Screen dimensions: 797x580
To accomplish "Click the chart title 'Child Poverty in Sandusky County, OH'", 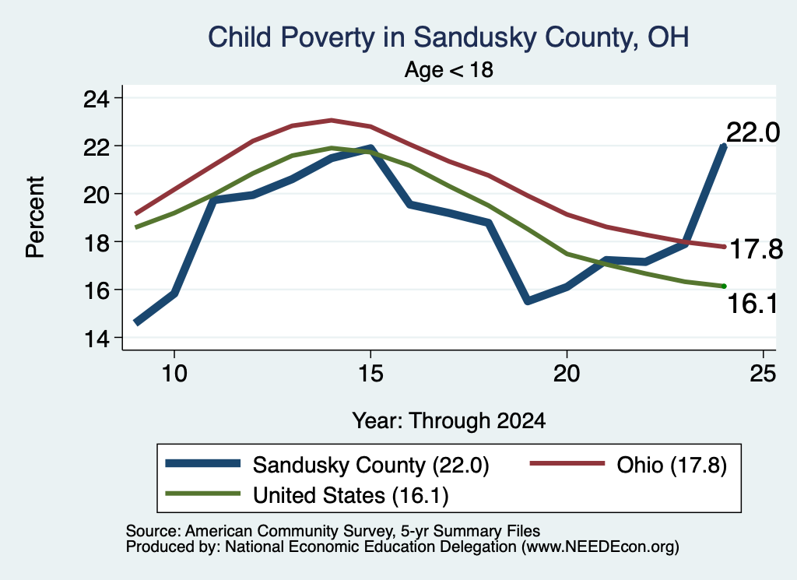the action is coord(448,37).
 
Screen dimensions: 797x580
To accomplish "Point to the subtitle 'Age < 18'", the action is coord(449,69).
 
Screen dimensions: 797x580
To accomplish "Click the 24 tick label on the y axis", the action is coord(96,98).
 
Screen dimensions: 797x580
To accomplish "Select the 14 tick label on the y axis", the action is coord(96,338).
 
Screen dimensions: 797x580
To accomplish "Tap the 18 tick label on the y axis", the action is coord(96,242).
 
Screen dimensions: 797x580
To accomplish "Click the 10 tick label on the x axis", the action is coord(174,374).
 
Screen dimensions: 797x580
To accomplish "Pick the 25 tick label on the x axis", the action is coord(763,374).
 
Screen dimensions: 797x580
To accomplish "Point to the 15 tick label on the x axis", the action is coord(370,374).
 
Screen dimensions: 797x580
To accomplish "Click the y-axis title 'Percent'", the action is coord(35,217).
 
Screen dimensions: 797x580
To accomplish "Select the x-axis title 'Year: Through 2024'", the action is coord(449,421).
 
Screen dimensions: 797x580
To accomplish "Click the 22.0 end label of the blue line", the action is coord(753,133).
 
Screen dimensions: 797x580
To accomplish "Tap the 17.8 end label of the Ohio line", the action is coord(756,250).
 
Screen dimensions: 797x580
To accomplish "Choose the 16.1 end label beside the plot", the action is coord(753,304).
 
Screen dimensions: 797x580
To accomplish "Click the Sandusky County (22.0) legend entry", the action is coord(328,465).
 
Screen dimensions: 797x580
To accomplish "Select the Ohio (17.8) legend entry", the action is coord(628,465).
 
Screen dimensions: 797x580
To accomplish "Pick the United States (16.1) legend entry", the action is coord(307,495).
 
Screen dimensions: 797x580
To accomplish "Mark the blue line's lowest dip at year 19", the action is coord(527,301).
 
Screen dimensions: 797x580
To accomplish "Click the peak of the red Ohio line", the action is coord(331,120).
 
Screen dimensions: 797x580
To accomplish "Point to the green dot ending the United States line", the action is coord(724,286).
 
